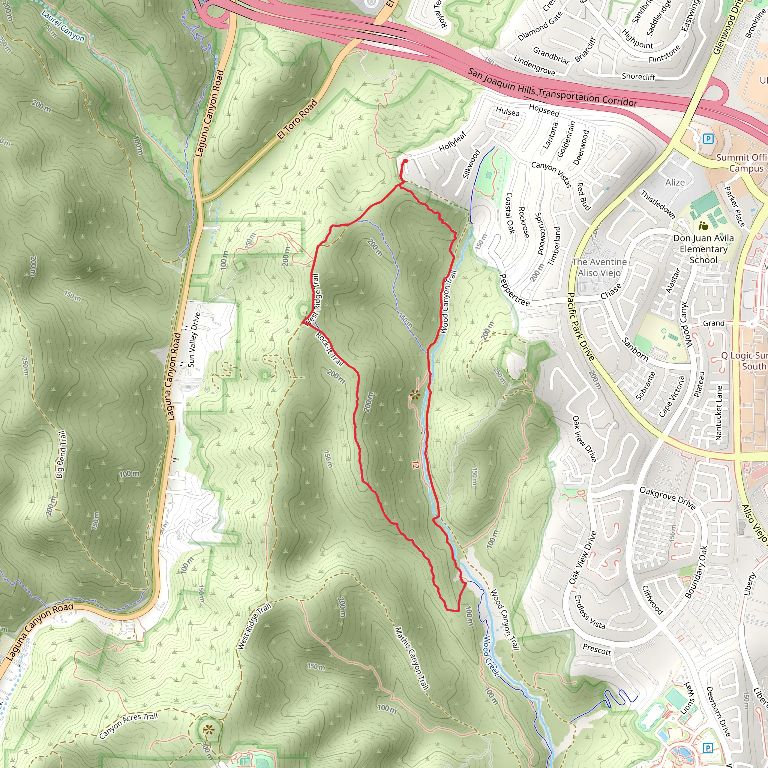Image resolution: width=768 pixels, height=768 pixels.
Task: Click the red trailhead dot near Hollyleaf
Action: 405,161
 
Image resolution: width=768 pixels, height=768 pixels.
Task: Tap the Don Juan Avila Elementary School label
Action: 703,249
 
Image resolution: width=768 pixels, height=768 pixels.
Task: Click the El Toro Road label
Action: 297,119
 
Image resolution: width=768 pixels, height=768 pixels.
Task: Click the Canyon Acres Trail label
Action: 128,726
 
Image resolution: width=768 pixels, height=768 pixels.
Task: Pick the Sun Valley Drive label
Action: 194,340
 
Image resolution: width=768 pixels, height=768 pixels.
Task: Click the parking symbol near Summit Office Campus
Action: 708,139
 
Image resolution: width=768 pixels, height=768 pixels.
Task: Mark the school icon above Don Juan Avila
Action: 703,226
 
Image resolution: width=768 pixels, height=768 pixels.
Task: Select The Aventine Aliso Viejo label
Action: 599,267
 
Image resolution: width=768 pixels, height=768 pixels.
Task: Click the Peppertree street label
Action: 514,290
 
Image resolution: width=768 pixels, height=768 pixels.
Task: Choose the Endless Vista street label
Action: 590,612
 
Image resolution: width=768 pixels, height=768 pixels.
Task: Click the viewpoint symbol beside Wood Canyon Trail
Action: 415,395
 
